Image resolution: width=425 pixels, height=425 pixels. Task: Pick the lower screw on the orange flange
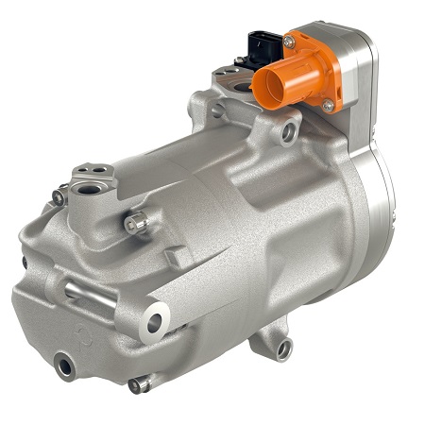327,105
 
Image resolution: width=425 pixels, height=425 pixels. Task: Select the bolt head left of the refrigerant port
59,197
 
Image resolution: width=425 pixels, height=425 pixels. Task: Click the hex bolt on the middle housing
137,223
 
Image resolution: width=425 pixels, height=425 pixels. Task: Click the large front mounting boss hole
154,323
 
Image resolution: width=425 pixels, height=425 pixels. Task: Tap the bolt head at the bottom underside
139,384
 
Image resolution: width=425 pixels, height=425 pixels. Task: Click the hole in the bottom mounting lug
282,349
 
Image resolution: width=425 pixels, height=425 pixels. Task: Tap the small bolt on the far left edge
25,262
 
